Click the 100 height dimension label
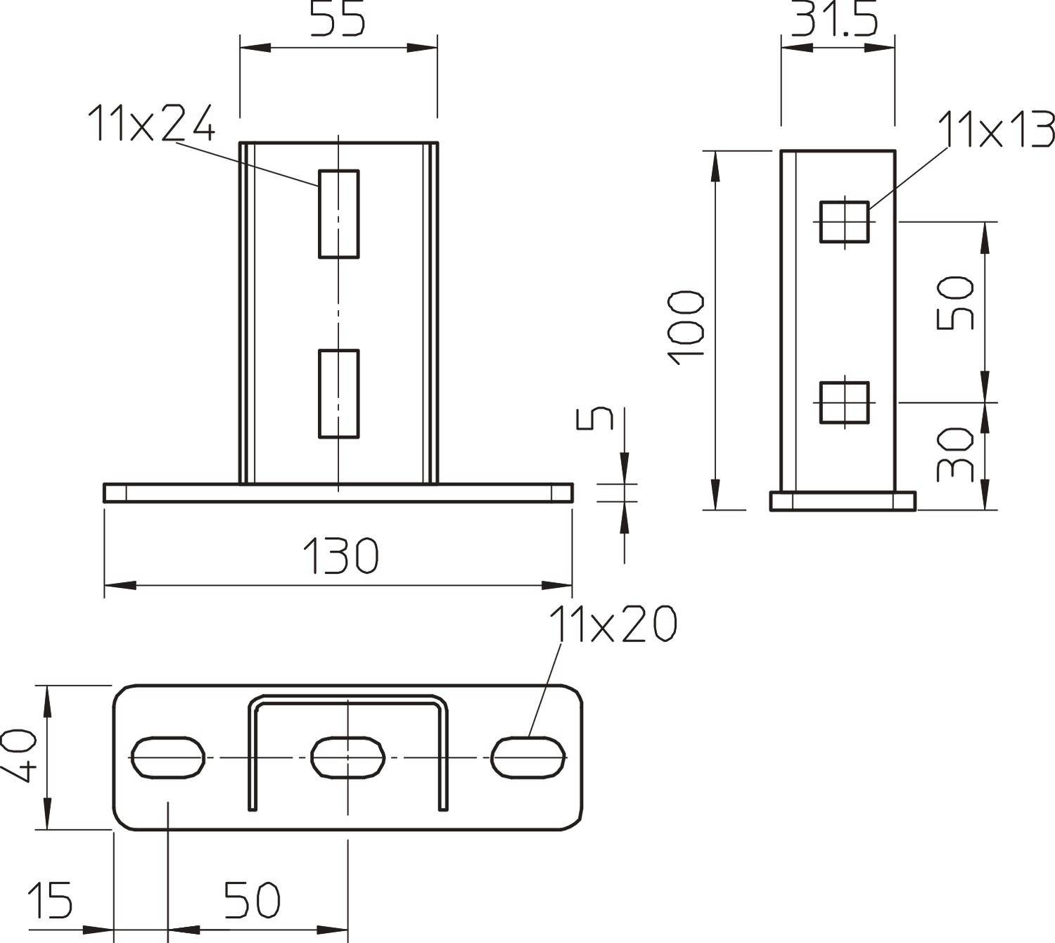pos(686,327)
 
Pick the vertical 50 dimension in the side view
pos(956,303)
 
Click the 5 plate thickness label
pos(595,418)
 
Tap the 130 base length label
pos(340,556)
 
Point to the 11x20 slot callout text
pos(613,624)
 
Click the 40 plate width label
pos(20,755)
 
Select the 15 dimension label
pos(50,900)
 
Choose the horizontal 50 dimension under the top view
pos(252,900)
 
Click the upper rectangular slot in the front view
pos(339,214)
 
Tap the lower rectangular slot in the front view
pos(339,394)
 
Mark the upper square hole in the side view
pos(844,222)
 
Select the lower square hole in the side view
pos(844,402)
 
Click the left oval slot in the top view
pos(168,757)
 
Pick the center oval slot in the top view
pos(348,757)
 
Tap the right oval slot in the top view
pos(528,757)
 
